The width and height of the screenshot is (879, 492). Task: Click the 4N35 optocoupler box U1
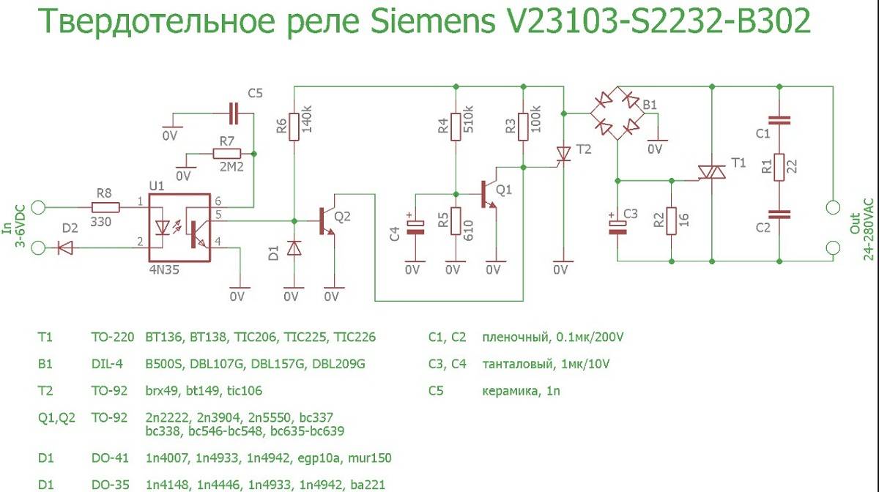tap(179, 228)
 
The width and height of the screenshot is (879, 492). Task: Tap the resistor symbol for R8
tap(105, 207)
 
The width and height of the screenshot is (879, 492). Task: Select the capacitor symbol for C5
tap(234, 113)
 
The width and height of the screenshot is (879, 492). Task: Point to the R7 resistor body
tap(227, 154)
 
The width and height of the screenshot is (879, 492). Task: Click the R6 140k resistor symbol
tap(294, 127)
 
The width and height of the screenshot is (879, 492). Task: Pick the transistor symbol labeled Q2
tap(327, 221)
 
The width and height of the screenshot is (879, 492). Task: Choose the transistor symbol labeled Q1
tap(489, 194)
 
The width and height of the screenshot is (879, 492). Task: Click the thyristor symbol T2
tap(564, 154)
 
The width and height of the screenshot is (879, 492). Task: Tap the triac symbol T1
tap(712, 172)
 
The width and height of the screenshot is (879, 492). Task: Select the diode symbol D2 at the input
tap(65, 248)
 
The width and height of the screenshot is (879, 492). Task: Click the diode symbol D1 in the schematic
tap(294, 248)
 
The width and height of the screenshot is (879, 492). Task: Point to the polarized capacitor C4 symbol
tap(415, 226)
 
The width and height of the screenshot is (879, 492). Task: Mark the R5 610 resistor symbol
tap(456, 221)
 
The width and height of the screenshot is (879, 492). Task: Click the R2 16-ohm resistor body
tap(672, 221)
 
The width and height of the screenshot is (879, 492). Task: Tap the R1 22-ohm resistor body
tap(779, 167)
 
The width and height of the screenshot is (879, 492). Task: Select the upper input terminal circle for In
tap(38, 207)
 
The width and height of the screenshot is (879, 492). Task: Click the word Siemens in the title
tap(433, 20)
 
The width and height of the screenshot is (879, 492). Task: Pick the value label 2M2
tap(231, 167)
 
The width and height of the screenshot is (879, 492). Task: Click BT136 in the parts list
tap(163, 337)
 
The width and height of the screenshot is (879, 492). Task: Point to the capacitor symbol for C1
tap(779, 120)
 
